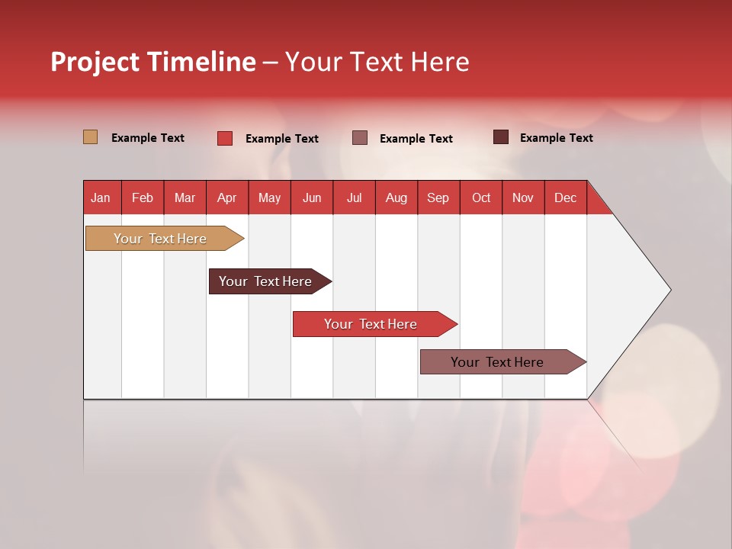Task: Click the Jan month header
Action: (101, 198)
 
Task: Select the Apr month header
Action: (227, 198)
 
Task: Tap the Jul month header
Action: (355, 198)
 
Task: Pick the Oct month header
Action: (481, 198)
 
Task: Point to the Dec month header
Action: (565, 198)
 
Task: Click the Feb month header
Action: (143, 198)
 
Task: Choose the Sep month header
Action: (438, 198)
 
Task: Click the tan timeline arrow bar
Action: (165, 239)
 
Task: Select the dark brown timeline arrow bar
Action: (270, 281)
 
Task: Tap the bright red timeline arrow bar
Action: (375, 324)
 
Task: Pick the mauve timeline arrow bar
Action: (503, 361)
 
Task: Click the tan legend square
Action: (91, 137)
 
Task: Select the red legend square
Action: (225, 138)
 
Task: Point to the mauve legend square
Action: (360, 138)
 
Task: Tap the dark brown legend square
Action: (501, 136)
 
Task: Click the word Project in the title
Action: (95, 62)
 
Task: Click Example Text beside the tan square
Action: (148, 138)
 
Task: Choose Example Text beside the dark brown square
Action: (557, 138)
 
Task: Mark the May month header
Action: (269, 198)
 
